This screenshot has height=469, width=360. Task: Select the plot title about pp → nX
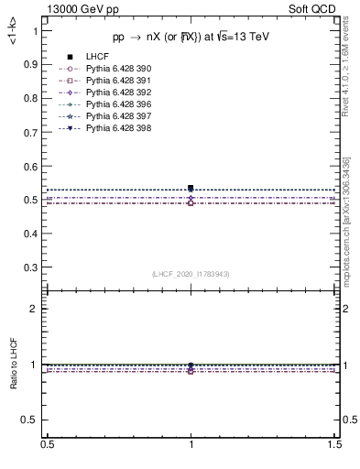[191, 38]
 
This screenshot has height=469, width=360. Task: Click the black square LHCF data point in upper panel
[191, 188]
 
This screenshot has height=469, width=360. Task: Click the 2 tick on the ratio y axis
[37, 309]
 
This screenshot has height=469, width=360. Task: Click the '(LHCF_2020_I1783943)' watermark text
[191, 274]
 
